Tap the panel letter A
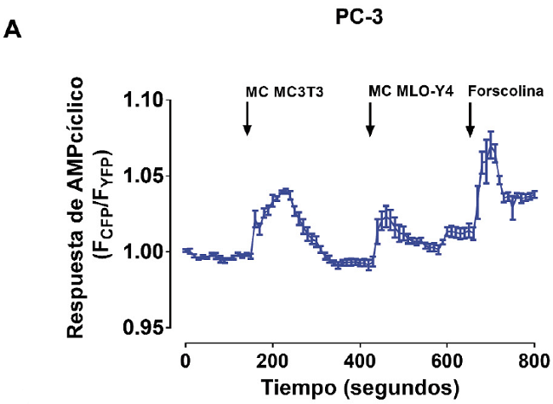13,30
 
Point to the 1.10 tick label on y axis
143,101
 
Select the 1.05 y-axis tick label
143,176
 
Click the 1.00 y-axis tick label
143,252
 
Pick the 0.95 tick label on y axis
143,328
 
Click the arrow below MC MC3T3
247,119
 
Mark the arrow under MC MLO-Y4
370,119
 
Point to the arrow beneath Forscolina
470,119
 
